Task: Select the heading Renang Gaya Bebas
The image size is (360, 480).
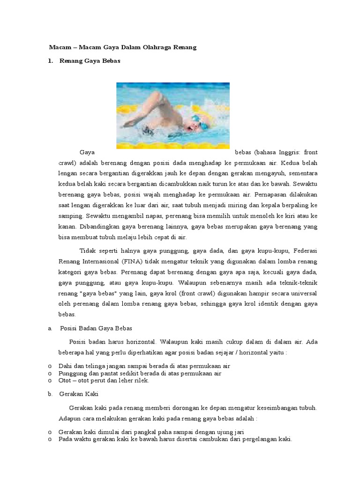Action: click(x=90, y=61)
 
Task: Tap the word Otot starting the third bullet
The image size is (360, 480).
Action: click(x=65, y=380)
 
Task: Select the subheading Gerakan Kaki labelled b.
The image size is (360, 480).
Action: click(x=79, y=394)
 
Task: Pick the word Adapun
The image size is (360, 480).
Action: click(x=70, y=418)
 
